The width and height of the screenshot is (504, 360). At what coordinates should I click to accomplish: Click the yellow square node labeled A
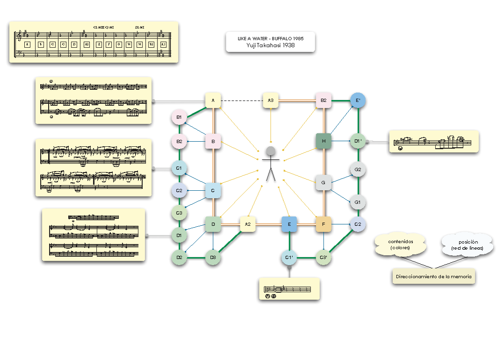point(213,101)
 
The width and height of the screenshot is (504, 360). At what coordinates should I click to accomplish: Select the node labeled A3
point(271,101)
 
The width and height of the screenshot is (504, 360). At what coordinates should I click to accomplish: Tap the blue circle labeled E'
point(358,100)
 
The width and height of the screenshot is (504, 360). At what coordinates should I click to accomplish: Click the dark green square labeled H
point(324,141)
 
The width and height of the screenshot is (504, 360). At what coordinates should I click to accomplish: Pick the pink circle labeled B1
point(179,117)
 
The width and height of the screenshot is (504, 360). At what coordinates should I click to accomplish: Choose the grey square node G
point(324,182)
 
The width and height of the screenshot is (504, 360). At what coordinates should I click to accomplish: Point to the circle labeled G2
point(358,170)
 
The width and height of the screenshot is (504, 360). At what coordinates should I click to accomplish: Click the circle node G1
point(358,202)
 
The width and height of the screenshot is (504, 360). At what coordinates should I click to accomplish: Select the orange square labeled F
point(324,224)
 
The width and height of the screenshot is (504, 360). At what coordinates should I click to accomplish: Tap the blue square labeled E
point(289,224)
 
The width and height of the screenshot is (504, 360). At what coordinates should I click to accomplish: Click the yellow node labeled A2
point(248,224)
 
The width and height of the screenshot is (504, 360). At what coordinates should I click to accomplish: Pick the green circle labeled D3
point(213,258)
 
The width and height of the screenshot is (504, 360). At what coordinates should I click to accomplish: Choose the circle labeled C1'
point(289,258)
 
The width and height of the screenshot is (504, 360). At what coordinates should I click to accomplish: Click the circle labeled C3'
point(324,258)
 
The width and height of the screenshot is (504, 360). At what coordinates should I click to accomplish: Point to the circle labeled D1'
point(358,141)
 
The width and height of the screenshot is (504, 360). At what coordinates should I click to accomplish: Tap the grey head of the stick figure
point(271,151)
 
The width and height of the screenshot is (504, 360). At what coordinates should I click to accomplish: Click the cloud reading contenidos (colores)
point(400,244)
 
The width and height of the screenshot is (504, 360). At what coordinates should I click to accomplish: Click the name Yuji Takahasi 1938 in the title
point(270,45)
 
